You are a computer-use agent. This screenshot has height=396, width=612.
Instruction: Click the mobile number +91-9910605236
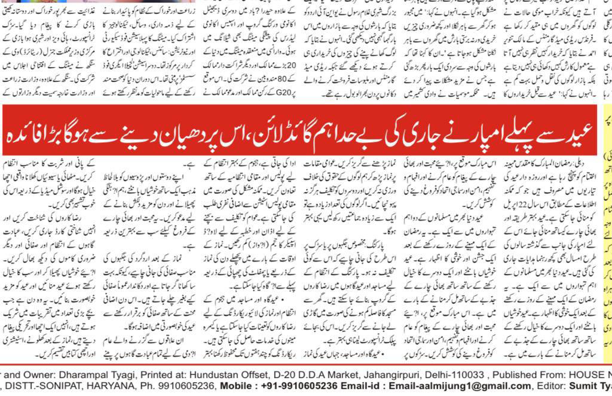[x=290, y=385]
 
